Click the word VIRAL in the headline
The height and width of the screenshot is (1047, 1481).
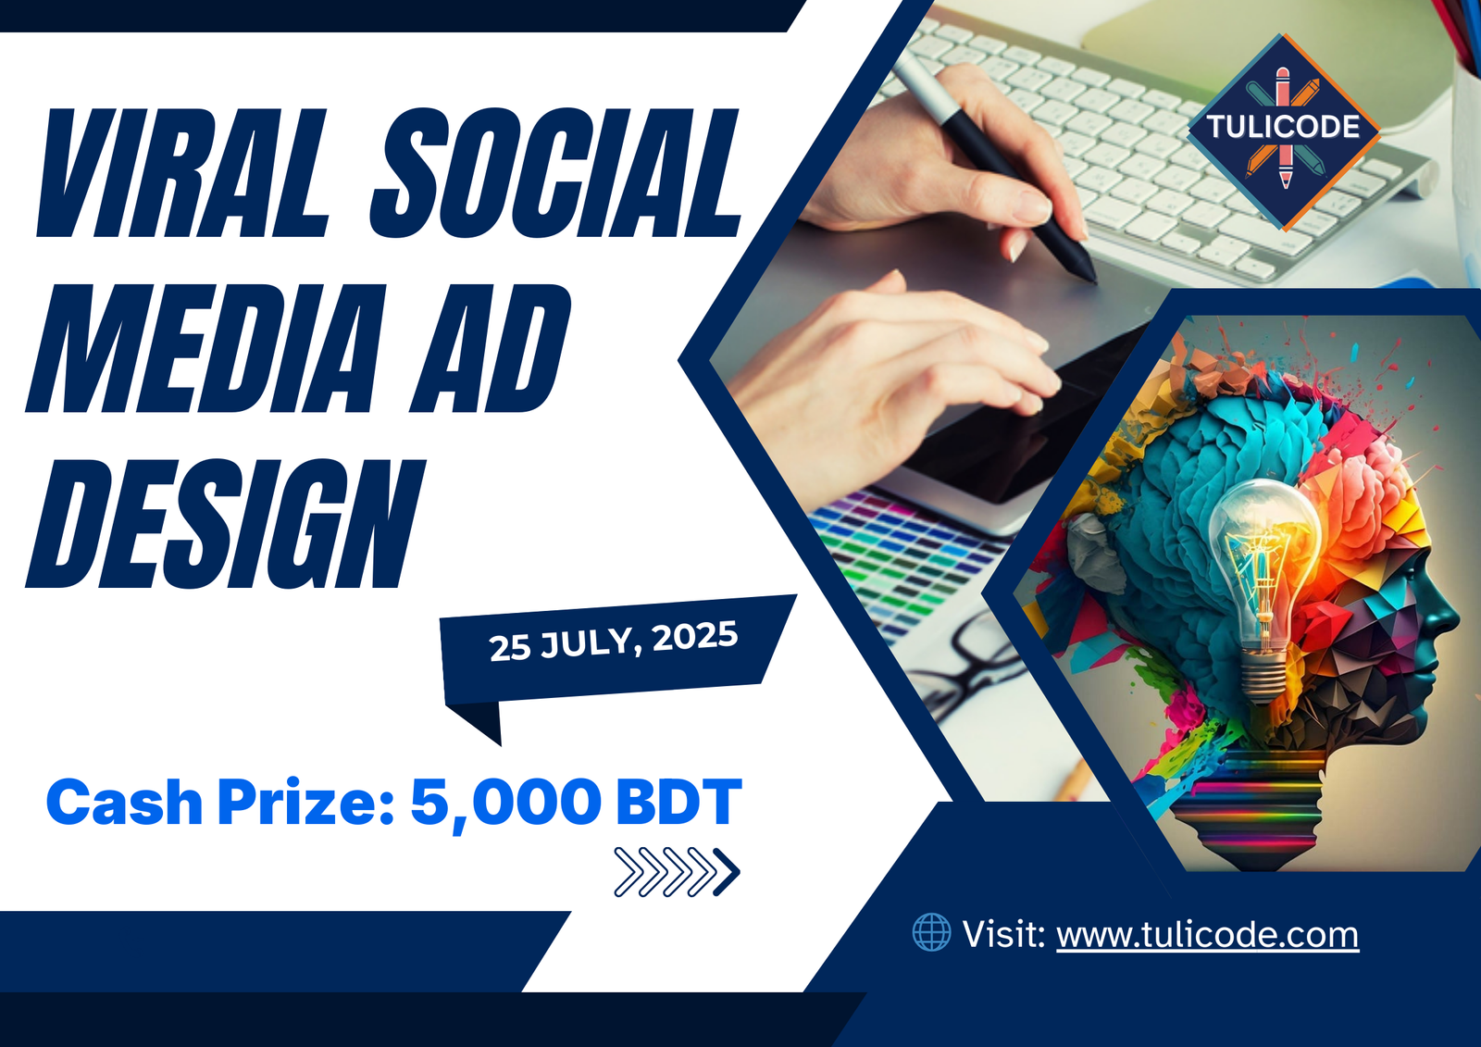click(181, 173)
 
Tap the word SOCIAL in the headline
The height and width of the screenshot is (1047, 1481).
click(555, 173)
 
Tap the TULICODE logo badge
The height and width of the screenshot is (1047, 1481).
click(1283, 130)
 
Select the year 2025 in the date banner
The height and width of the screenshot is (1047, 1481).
click(694, 637)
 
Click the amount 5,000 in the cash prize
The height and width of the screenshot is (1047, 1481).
click(505, 802)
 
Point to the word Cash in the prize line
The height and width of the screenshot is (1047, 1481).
click(124, 802)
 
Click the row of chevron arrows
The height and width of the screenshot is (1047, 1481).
click(677, 871)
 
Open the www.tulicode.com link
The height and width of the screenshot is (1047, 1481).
click(1207, 935)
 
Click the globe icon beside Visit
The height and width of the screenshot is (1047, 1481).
click(931, 932)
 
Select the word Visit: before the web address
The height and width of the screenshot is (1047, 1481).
click(1003, 934)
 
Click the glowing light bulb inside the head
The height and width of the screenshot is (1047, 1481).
click(1266, 565)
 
